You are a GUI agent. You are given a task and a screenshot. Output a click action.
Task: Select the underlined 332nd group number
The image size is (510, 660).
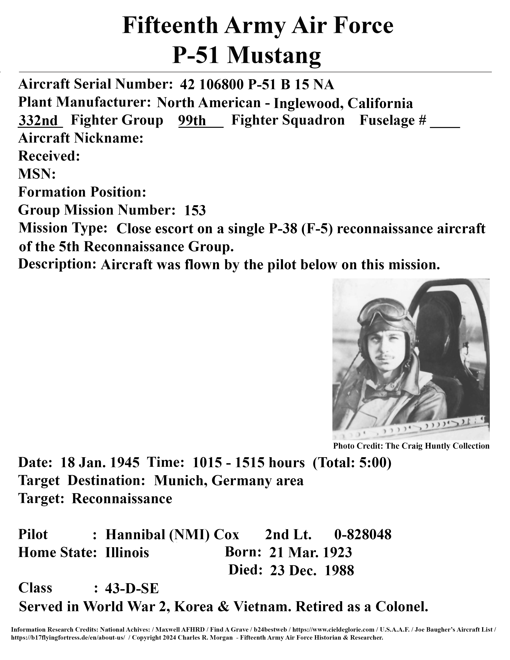click(38, 121)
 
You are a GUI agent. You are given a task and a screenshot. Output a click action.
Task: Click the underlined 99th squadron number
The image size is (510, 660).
click(192, 121)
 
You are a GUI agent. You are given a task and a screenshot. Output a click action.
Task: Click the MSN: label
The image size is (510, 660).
click(37, 174)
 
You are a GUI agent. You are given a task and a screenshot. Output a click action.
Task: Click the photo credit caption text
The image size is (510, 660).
click(411, 446)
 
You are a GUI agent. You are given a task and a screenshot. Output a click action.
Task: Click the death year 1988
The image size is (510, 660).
click(339, 571)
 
